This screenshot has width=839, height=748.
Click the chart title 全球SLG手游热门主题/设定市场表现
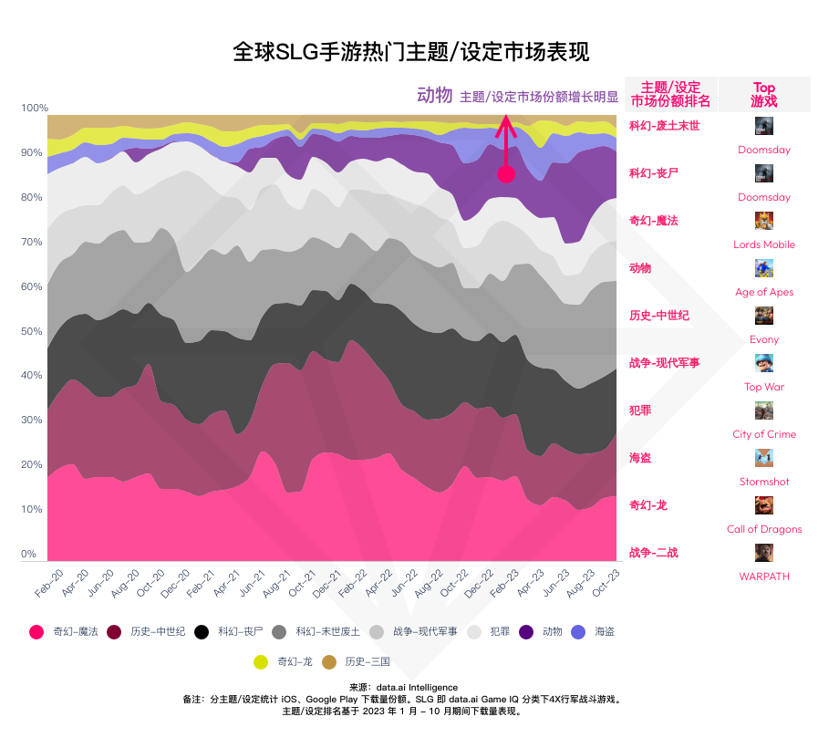pyautogui.click(x=411, y=52)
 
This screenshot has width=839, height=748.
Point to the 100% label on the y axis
pyautogui.click(x=35, y=108)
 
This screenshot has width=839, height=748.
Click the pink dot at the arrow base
pyautogui.click(x=506, y=174)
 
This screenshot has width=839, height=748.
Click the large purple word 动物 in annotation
pyautogui.click(x=434, y=95)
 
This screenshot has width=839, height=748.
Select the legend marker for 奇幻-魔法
pyautogui.click(x=36, y=631)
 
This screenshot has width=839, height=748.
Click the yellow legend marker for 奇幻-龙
pyautogui.click(x=260, y=661)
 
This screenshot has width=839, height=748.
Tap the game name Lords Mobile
pyautogui.click(x=764, y=244)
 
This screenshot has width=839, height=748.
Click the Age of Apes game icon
pyautogui.click(x=764, y=268)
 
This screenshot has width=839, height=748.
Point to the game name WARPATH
pyautogui.click(x=764, y=577)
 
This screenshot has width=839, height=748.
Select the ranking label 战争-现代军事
pyautogui.click(x=664, y=362)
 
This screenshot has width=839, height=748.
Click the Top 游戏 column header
pyautogui.click(x=764, y=94)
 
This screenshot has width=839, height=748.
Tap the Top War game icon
pyautogui.click(x=764, y=363)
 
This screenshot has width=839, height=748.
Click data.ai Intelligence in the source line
pyautogui.click(x=419, y=687)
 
